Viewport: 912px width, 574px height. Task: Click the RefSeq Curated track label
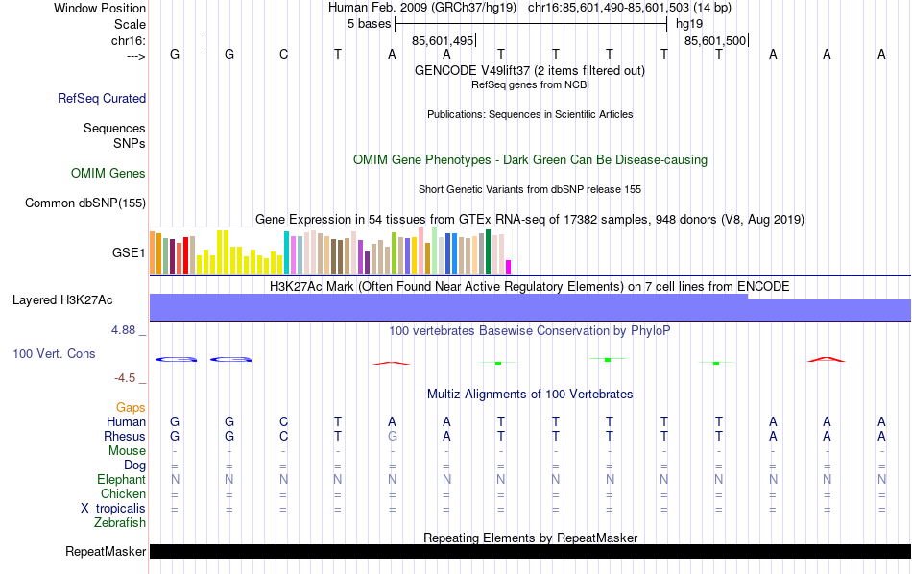(x=102, y=98)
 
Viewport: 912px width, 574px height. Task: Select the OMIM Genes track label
(x=108, y=174)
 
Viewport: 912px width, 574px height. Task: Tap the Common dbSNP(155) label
(x=85, y=203)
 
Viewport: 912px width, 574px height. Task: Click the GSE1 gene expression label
(x=129, y=253)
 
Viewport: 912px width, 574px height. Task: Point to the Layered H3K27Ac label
(x=62, y=300)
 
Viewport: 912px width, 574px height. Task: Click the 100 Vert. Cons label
(x=54, y=353)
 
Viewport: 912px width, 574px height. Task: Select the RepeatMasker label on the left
(x=106, y=552)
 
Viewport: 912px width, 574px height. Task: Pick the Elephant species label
(x=121, y=479)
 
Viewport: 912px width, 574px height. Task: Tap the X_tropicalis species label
(x=113, y=508)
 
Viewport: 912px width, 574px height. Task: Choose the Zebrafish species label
(x=120, y=523)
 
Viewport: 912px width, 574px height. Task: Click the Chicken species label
(x=123, y=493)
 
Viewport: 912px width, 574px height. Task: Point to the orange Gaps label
(x=131, y=408)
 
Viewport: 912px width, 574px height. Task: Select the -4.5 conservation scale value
(x=129, y=378)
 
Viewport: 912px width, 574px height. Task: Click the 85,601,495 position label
(x=443, y=41)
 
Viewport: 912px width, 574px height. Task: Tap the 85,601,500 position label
(x=715, y=41)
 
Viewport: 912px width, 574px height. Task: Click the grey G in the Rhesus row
(x=392, y=436)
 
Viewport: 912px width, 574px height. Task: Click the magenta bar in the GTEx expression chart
(x=509, y=267)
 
